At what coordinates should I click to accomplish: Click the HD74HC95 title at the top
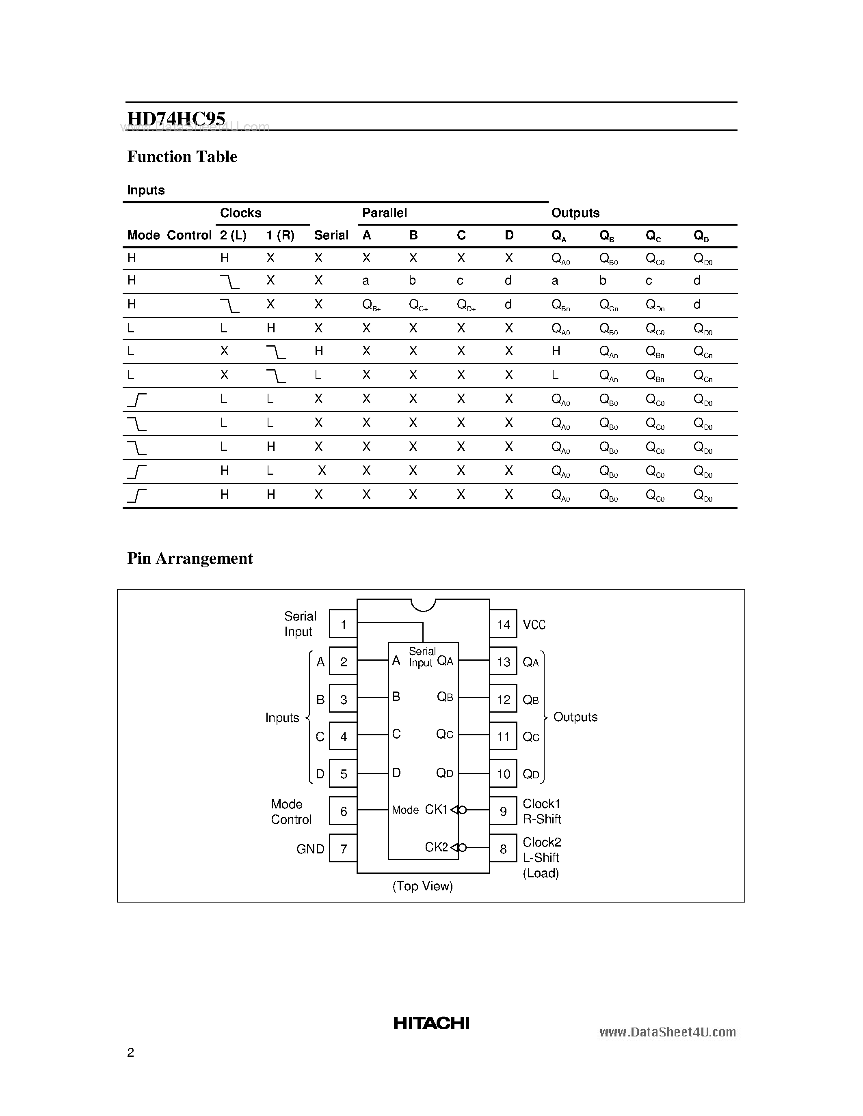pyautogui.click(x=176, y=118)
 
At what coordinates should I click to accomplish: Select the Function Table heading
pyautogui.click(x=182, y=156)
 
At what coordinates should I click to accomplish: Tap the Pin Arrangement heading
pyautogui.click(x=190, y=558)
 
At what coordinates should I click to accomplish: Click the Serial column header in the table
pyautogui.click(x=331, y=235)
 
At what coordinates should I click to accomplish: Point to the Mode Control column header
pyautogui.click(x=169, y=235)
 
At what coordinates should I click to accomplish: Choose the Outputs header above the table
pyautogui.click(x=575, y=213)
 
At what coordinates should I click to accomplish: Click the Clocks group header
pyautogui.click(x=240, y=213)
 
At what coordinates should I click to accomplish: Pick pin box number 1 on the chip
pyautogui.click(x=343, y=624)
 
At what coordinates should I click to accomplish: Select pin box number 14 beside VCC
pyautogui.click(x=503, y=624)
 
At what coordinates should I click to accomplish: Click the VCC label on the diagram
pyautogui.click(x=534, y=625)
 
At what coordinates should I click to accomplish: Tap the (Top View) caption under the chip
pyautogui.click(x=423, y=886)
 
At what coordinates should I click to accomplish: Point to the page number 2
pyautogui.click(x=130, y=1052)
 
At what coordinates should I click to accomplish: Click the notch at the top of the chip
pyautogui.click(x=423, y=605)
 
